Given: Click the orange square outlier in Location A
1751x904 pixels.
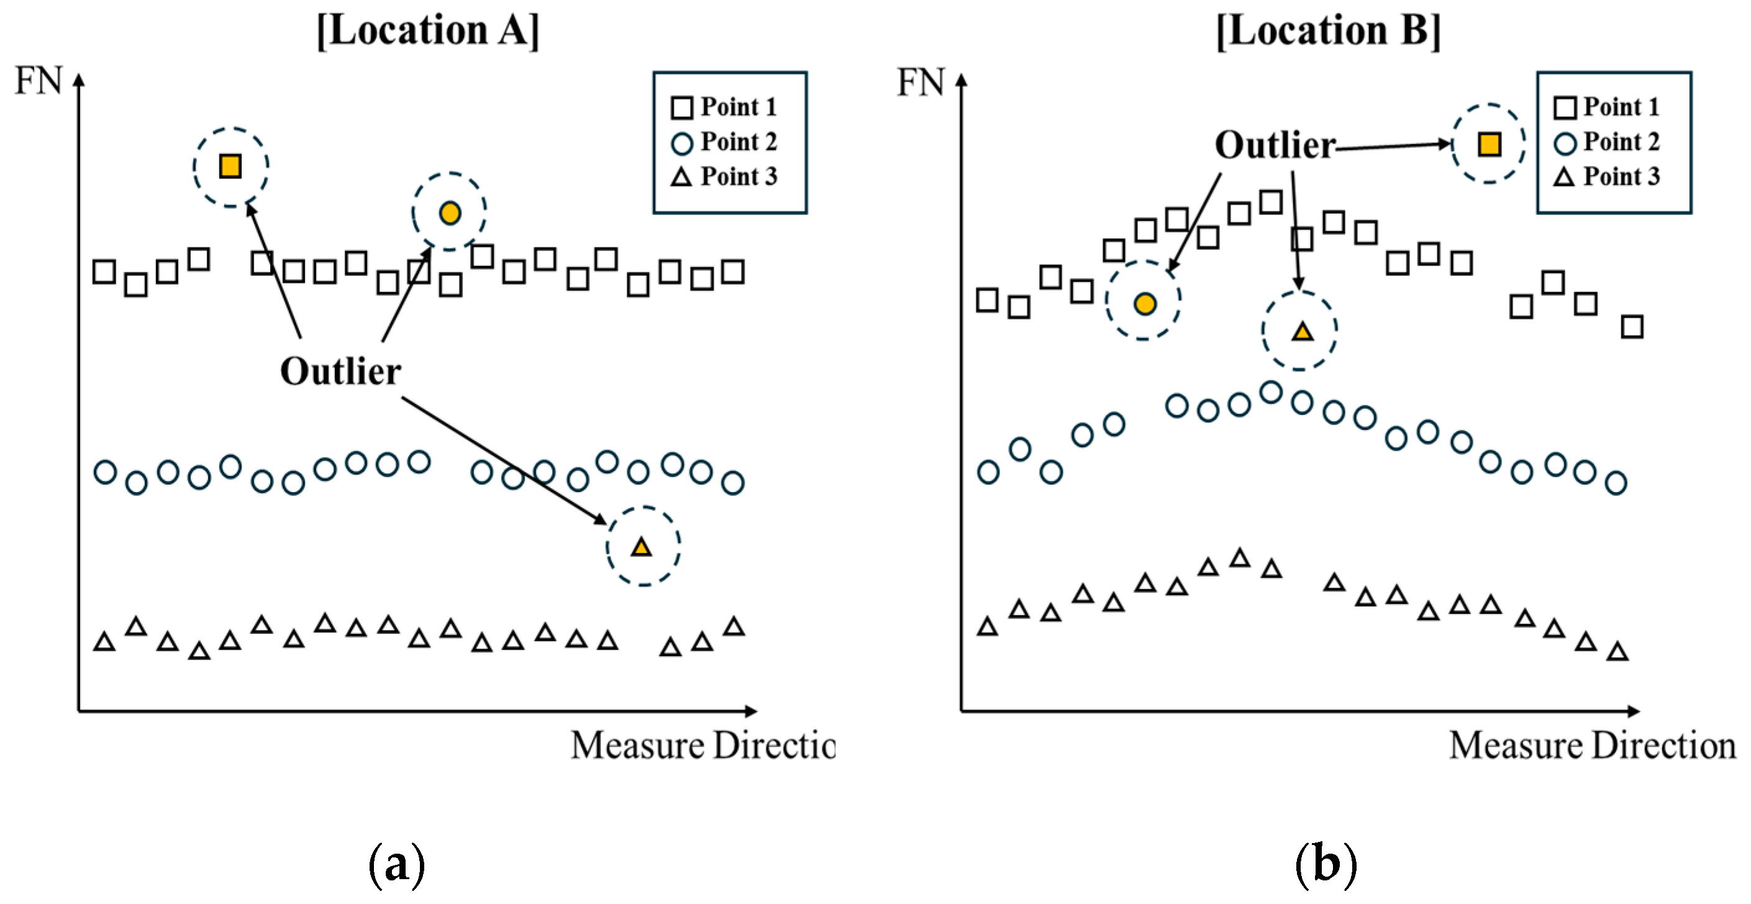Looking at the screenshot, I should point(230,166).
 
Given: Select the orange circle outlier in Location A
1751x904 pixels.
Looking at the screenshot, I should point(449,212).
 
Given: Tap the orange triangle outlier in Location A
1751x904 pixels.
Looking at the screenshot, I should point(642,547).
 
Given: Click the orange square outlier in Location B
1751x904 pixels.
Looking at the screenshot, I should point(1489,144).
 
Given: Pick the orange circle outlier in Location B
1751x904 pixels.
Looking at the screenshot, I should point(1145,303).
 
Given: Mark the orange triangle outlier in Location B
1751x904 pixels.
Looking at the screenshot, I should point(1302,332).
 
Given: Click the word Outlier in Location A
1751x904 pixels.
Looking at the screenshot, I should point(340,371).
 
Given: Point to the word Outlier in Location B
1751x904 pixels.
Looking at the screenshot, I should point(1275,145).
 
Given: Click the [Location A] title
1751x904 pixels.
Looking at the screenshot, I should point(428,30).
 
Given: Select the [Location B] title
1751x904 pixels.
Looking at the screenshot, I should point(1328,30).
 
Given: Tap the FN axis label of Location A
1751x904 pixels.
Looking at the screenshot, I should point(39,81).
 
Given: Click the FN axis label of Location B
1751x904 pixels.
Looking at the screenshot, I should point(921,82).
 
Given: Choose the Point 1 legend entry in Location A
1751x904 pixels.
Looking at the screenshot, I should point(725,107).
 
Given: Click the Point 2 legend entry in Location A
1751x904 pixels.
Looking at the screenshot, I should point(725,142).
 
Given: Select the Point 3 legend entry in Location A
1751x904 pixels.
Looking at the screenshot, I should point(725,176).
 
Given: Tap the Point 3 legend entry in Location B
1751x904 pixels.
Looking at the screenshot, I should point(1608,176).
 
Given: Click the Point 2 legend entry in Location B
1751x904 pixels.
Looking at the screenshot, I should point(1608,142).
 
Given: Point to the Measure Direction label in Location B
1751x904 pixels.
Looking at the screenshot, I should point(1592,746).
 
